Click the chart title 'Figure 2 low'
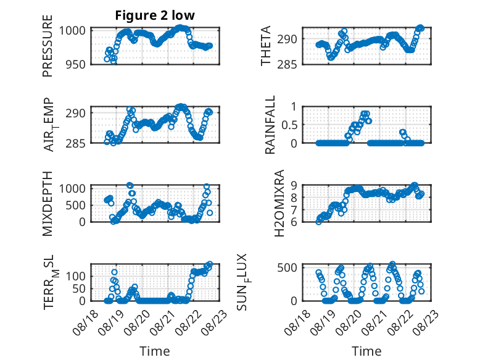click(155, 15)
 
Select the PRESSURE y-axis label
click(48, 46)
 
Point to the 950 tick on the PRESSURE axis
click(75, 64)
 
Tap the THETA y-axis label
click(266, 46)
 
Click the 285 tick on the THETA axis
click(287, 64)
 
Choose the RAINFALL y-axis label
click(270, 125)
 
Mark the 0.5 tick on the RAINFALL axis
click(289, 125)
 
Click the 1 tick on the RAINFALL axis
click(294, 107)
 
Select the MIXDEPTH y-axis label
click(48, 204)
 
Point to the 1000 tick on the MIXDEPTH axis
click(72, 188)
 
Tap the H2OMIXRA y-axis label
click(279, 203)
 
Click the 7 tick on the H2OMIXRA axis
click(294, 209)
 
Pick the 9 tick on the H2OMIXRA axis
click(294, 185)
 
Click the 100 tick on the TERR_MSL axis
click(76, 276)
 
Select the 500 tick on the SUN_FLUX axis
click(287, 267)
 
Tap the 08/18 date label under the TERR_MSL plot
click(85, 322)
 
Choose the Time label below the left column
click(155, 351)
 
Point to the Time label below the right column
click(366, 351)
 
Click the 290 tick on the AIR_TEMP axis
click(75, 113)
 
